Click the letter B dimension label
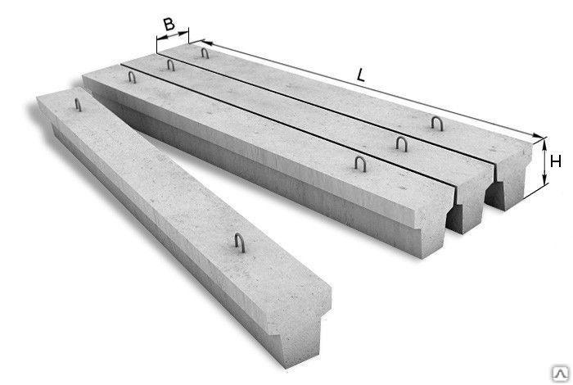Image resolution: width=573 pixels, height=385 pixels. point(169,24)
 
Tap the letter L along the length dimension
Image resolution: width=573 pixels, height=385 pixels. point(361,75)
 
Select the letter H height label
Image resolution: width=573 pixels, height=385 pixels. point(556,161)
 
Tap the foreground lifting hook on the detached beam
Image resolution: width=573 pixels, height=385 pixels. point(240,242)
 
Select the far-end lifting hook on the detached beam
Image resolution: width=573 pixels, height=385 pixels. point(78,105)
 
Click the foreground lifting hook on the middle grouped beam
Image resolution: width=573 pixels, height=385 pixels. point(402,143)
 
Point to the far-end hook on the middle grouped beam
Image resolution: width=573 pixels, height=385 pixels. point(170,65)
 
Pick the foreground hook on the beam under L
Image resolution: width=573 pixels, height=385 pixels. point(436,123)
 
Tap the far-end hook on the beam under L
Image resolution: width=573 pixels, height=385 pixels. point(205,53)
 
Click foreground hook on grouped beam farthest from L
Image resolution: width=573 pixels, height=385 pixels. point(360,164)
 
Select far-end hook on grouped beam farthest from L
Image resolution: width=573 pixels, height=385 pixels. point(132,77)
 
